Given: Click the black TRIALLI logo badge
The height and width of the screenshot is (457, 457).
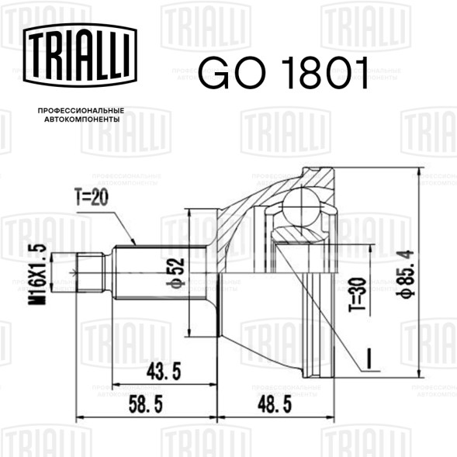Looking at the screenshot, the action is [80, 55].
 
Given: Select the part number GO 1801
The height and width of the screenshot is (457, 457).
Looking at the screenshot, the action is [283, 73].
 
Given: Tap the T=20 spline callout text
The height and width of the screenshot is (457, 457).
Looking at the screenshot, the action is [92, 197].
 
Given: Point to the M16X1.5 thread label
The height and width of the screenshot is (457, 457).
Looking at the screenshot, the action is [37, 274].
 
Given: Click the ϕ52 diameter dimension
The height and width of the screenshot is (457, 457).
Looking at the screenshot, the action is [178, 273].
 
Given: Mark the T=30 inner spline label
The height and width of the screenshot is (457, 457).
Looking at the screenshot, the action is [357, 294].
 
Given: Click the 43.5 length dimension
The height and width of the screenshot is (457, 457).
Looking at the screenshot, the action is [164, 372].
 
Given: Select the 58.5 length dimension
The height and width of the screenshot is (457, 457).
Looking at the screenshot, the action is [146, 404].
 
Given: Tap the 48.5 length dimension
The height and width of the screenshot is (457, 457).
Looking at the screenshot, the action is [275, 404].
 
